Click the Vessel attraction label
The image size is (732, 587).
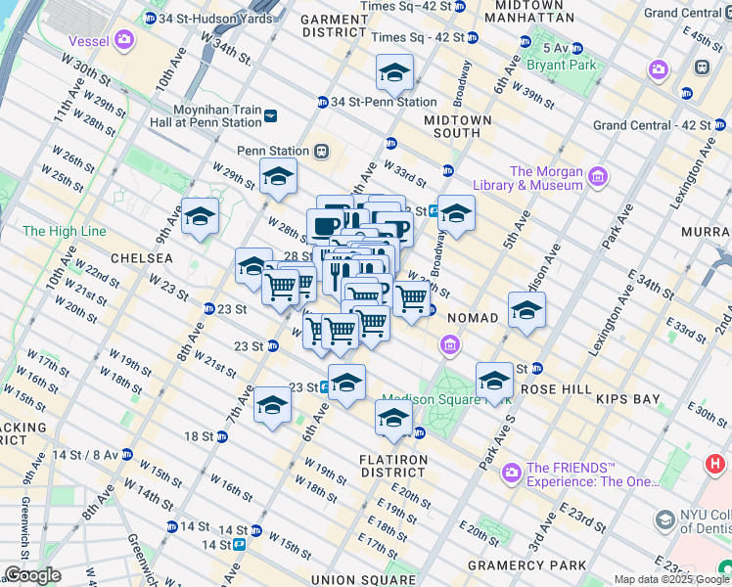[89, 41]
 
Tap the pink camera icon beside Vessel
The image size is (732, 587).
[124, 40]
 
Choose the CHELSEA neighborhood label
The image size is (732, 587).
[142, 258]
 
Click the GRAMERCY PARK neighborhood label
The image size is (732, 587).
[526, 565]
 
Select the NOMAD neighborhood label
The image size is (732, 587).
[474, 318]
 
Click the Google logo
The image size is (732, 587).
[32, 575]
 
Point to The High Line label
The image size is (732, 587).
[63, 231]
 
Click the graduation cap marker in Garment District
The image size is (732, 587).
[393, 72]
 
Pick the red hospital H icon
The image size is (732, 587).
[715, 462]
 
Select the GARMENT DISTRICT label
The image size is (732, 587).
[333, 25]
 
